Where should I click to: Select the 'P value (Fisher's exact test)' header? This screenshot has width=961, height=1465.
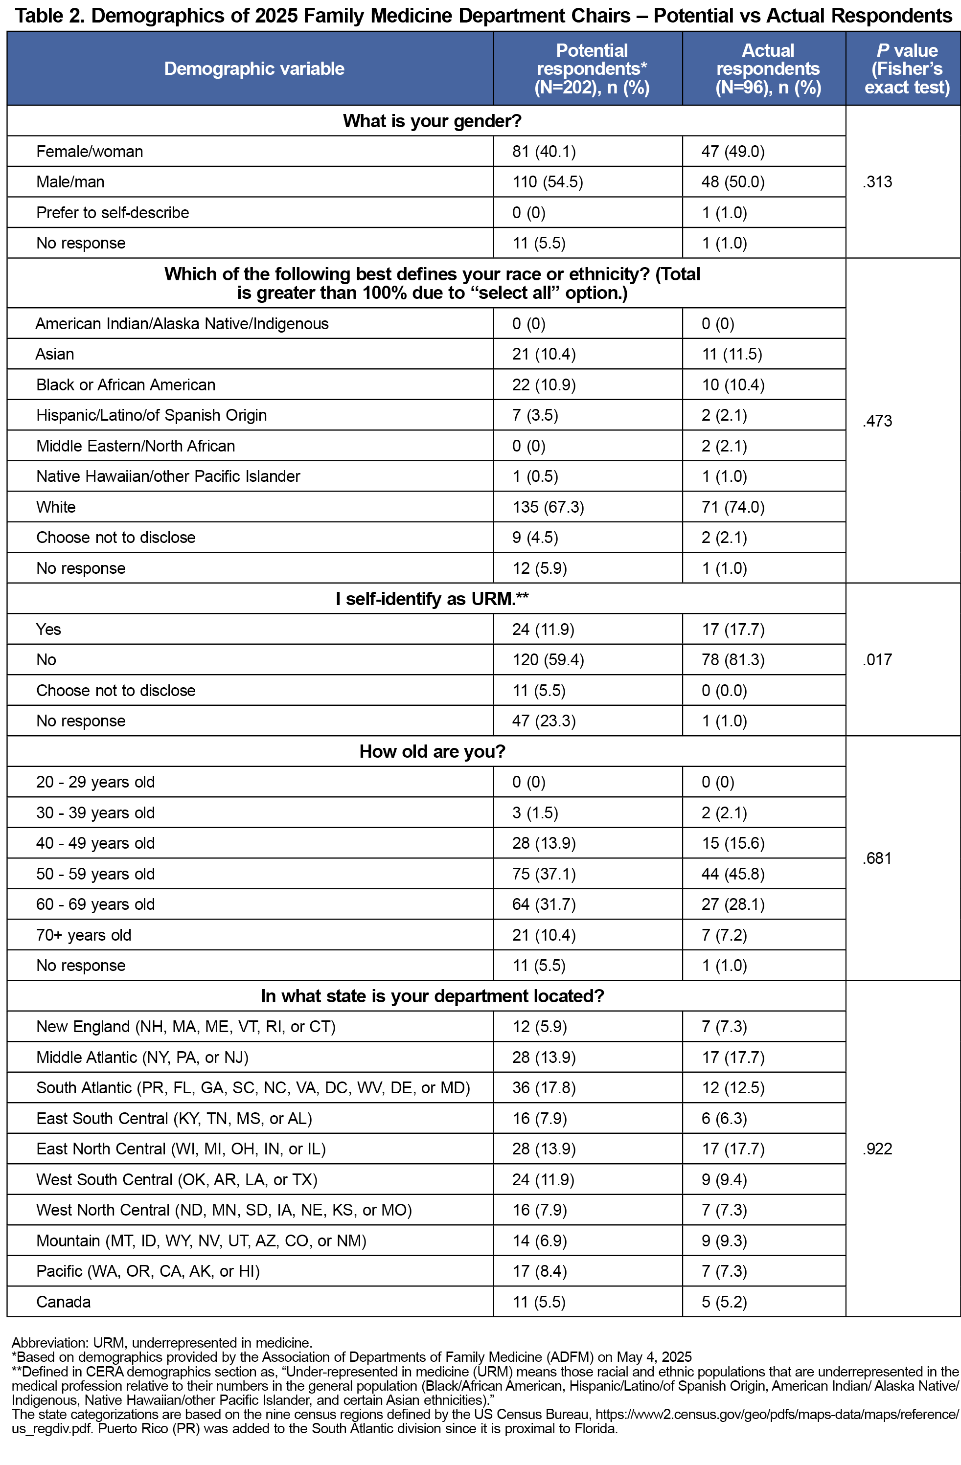click(906, 68)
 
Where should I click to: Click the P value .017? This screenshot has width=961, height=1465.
click(877, 660)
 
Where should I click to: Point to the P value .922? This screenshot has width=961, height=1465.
click(877, 1149)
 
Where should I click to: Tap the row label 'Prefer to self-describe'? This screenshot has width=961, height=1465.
click(113, 212)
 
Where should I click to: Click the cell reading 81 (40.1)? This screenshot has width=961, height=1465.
click(544, 152)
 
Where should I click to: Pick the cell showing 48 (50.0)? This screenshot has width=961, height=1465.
click(732, 182)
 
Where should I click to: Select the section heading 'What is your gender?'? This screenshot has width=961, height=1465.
click(432, 121)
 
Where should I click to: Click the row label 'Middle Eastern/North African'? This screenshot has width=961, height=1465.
click(136, 446)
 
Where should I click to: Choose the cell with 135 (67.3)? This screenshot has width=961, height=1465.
click(548, 507)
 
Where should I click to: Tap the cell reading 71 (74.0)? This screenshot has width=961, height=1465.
click(732, 507)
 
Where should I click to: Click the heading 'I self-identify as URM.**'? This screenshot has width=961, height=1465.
click(432, 598)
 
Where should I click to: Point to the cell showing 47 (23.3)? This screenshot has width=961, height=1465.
click(544, 721)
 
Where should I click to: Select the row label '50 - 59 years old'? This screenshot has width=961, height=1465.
click(95, 874)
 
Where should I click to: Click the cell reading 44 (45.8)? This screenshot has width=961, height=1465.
click(732, 874)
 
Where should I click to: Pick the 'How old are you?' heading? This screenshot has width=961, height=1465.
click(432, 752)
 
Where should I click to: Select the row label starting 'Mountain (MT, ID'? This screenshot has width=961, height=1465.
click(201, 1240)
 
